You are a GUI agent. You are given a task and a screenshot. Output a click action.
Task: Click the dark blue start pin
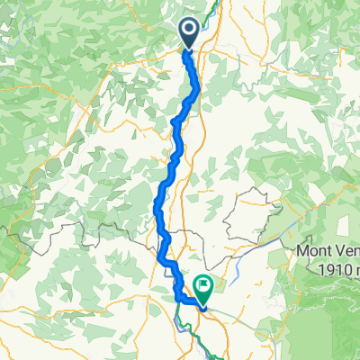191,32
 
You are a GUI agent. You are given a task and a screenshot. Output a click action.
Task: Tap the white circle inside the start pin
191,29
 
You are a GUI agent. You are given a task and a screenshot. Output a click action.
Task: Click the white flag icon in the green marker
202,284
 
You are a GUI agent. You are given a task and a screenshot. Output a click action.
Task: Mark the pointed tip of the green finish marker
202,302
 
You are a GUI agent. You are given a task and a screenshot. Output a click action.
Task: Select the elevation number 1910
328,266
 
